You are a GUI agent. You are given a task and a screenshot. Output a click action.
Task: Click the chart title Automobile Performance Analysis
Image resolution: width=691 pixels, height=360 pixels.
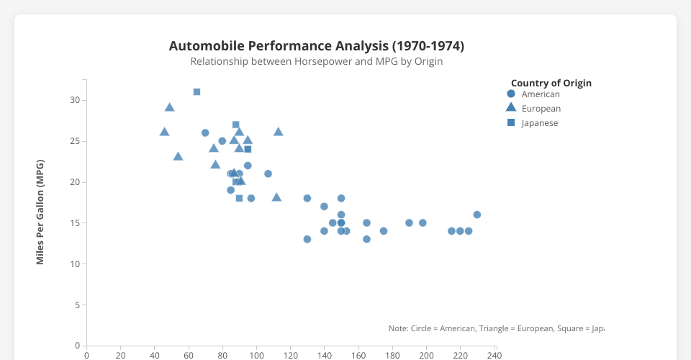(316, 46)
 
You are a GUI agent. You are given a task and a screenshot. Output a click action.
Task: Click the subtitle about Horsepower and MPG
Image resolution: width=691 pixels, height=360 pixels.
(316, 62)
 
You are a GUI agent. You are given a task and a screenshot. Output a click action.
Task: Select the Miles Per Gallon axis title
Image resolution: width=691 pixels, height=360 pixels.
(40, 212)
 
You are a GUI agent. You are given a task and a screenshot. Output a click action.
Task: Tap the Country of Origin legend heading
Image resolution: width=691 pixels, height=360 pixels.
(551, 83)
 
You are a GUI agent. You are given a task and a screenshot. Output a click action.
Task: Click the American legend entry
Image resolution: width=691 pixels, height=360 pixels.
(540, 94)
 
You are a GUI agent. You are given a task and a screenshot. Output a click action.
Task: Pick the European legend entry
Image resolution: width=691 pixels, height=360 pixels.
(541, 109)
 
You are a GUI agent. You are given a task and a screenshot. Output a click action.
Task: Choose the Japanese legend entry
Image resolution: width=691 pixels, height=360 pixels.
(540, 123)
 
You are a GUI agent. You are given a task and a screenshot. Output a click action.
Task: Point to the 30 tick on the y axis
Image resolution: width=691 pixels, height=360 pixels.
(75, 100)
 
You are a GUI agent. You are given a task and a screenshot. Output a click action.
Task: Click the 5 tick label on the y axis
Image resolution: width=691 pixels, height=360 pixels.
(77, 305)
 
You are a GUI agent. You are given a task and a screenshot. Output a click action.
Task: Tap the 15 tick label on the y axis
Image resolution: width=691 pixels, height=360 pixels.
(75, 223)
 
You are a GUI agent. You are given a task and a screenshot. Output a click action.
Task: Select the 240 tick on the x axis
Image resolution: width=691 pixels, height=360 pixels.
(494, 355)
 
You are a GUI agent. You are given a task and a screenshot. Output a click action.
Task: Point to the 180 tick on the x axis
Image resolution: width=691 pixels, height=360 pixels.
(392, 355)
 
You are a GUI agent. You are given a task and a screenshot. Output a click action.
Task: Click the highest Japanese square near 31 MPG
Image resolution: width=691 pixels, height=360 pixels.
(197, 92)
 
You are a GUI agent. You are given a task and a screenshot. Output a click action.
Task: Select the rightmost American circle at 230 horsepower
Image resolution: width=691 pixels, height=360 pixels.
(477, 215)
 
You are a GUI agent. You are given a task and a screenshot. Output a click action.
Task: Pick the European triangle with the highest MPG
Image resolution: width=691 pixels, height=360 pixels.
(170, 107)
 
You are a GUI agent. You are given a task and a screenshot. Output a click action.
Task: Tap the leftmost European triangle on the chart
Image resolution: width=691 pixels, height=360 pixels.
(164, 132)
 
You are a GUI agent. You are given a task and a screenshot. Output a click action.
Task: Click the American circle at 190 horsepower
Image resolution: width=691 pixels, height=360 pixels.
(409, 222)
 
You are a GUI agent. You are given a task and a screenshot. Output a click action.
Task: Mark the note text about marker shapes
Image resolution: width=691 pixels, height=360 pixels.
(496, 328)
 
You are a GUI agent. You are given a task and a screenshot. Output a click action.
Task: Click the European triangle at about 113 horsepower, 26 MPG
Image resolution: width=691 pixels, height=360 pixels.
(278, 132)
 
